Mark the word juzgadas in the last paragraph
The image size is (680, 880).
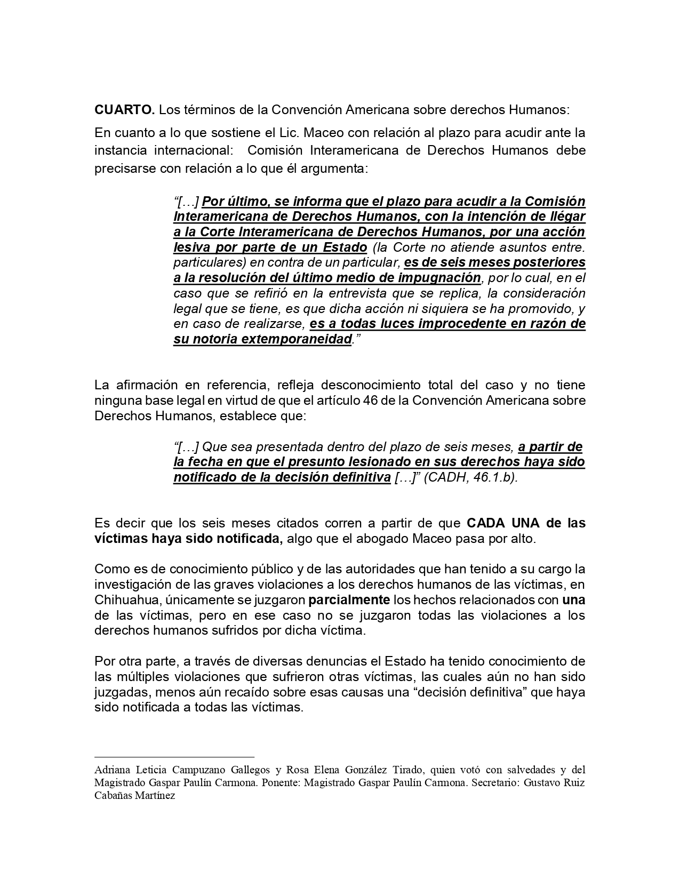[118, 692]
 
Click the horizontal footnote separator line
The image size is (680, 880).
[174, 756]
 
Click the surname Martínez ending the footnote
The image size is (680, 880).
[158, 795]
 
